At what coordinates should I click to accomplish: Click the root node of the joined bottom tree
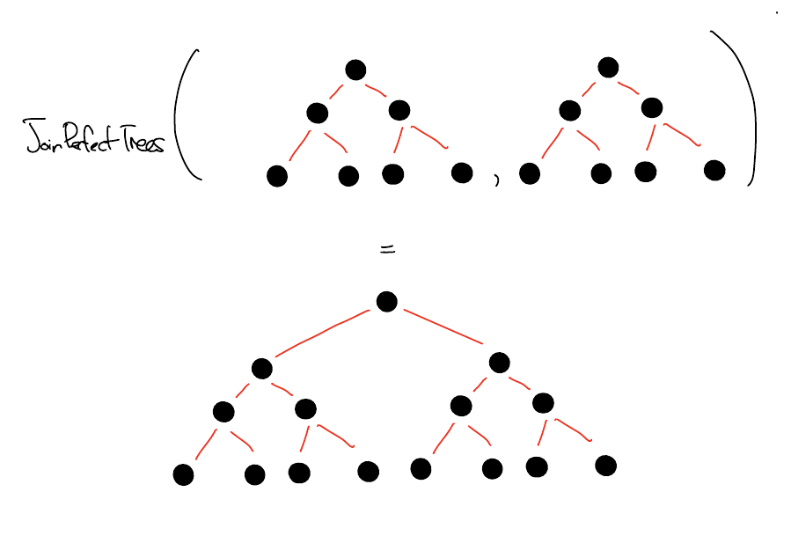pos(386,302)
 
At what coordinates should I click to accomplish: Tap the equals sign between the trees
pos(386,250)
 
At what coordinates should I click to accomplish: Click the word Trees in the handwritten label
pos(141,142)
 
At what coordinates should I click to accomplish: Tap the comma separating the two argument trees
pos(496,181)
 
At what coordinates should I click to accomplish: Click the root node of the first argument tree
pos(355,70)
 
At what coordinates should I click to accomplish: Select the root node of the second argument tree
pos(608,68)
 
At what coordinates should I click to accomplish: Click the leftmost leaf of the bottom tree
pos(183,475)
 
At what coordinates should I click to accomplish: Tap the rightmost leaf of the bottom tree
pos(605,465)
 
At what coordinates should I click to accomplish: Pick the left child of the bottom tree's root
pos(261,368)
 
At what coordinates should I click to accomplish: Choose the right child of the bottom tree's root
pos(500,363)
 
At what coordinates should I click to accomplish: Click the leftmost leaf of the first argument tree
pos(277,177)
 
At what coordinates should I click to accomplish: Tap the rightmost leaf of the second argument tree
pos(714,170)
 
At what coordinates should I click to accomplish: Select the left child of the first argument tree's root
pos(318,113)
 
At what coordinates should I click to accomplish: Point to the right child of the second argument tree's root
pos(652,108)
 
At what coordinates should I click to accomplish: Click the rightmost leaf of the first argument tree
pos(462,173)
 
